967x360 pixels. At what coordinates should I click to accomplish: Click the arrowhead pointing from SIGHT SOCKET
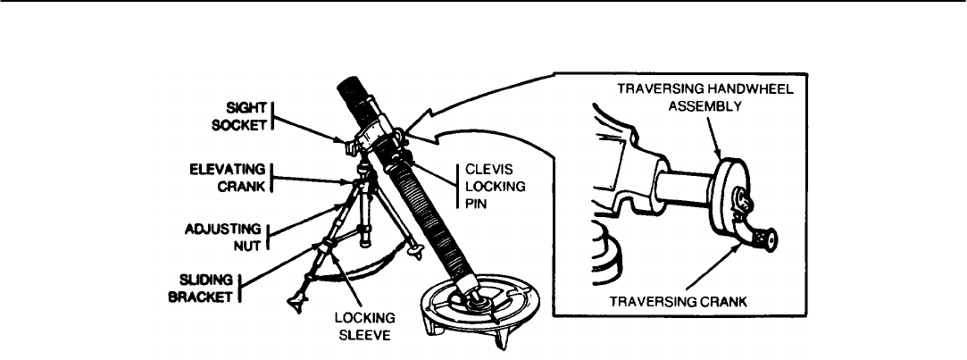(342, 140)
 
